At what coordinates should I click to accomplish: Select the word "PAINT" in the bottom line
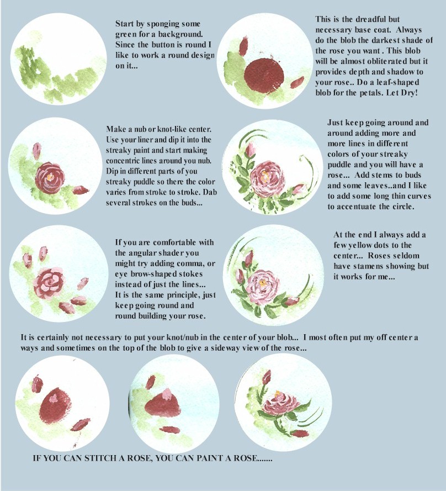(211, 459)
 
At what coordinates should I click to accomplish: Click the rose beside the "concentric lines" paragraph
(51, 174)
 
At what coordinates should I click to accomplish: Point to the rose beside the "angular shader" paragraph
(51, 279)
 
